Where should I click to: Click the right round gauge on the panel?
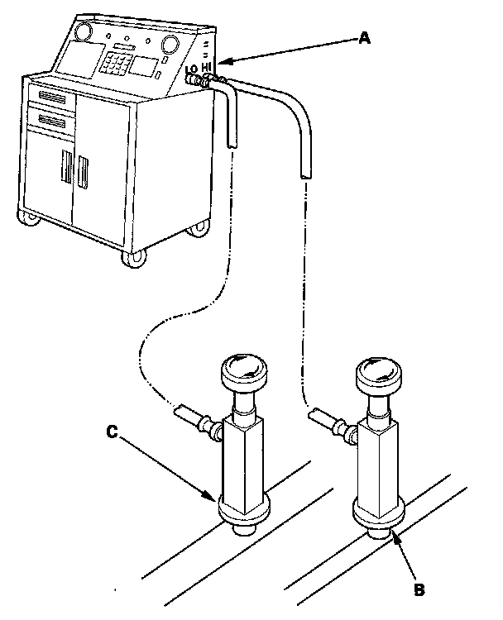pyautogui.click(x=170, y=43)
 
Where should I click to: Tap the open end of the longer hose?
pyautogui.click(x=304, y=176)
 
